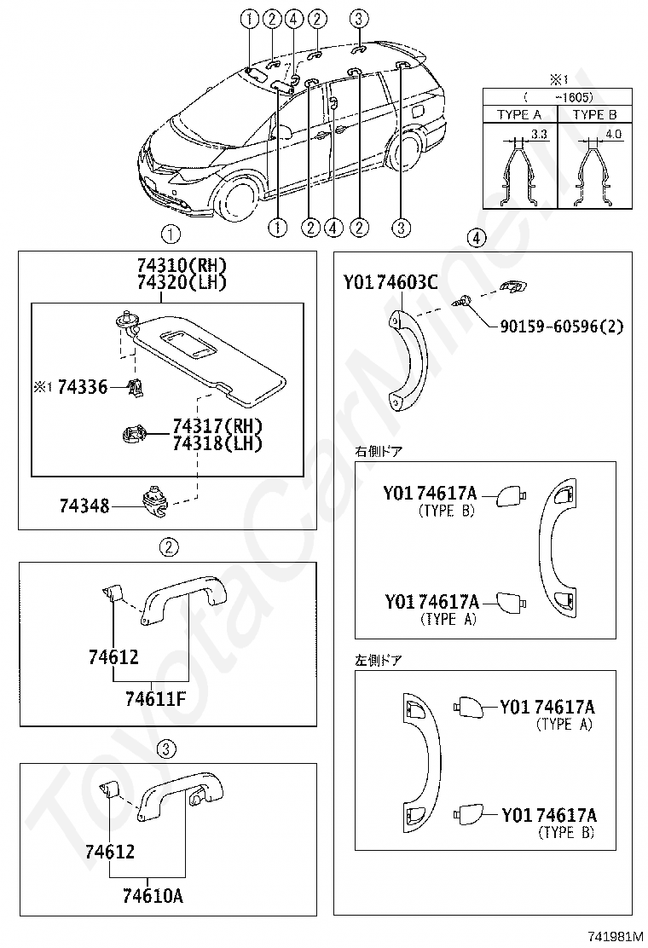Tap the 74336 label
point(82,387)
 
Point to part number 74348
point(84,506)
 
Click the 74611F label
point(154,699)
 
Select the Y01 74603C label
point(391,283)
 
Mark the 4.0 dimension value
point(612,134)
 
